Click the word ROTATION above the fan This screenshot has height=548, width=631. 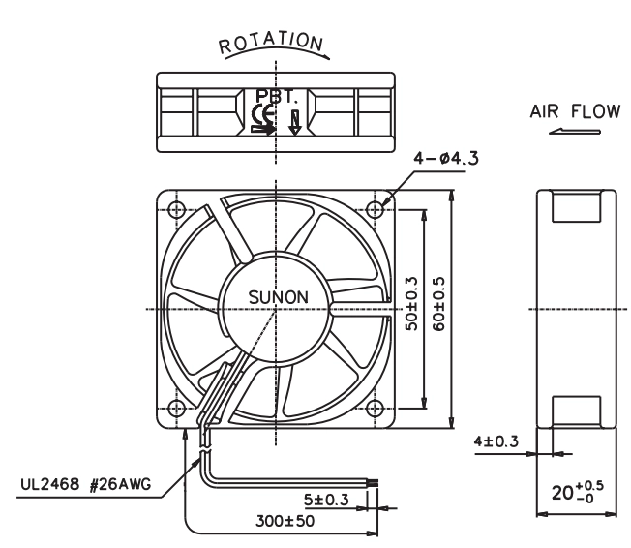[x=271, y=43]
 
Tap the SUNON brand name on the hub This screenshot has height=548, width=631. [x=279, y=297]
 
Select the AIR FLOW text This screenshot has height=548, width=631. [x=575, y=111]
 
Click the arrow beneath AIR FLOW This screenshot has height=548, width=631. [x=575, y=132]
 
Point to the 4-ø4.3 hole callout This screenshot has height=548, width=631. [x=446, y=158]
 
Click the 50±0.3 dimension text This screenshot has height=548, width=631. [x=411, y=304]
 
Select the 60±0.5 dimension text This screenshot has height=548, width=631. [x=439, y=304]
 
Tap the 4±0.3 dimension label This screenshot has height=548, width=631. [x=496, y=441]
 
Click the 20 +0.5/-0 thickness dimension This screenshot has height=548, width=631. [x=578, y=492]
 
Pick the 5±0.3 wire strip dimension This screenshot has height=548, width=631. [x=326, y=500]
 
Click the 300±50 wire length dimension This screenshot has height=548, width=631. [x=285, y=521]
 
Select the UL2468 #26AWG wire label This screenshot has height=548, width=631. [x=86, y=484]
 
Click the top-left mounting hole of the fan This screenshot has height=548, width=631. [x=176, y=209]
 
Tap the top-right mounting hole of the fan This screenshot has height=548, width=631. [x=376, y=209]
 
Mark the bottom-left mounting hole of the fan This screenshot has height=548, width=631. [x=176, y=409]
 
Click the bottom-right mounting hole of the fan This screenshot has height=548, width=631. [x=376, y=409]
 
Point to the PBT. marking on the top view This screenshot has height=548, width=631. [x=277, y=96]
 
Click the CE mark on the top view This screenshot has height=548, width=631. [x=263, y=114]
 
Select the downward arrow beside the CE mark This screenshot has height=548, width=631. [x=295, y=122]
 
